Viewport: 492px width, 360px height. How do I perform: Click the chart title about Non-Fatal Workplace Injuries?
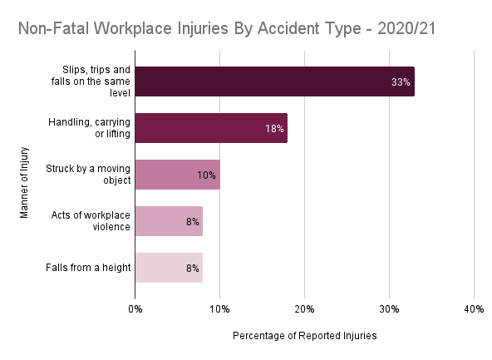coord(227,28)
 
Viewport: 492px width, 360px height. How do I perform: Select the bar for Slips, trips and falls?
coord(275,81)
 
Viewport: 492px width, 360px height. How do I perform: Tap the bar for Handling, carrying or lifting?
coord(211,128)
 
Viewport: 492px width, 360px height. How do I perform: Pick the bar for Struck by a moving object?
coord(178,175)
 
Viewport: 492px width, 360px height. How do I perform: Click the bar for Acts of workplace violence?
coord(169,221)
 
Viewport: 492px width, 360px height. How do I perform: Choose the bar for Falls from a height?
coord(169,268)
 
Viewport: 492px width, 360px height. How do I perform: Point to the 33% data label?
coord(401,82)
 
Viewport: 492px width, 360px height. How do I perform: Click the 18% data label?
coord(274,129)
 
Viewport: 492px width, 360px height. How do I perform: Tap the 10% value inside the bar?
coord(206,175)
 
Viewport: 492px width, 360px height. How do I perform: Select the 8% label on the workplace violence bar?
coord(193,222)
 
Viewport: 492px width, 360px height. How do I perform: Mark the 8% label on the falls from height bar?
coord(193,269)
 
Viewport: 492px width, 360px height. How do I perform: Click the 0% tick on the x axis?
coord(135,309)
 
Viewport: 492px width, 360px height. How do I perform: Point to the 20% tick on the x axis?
coord(305,309)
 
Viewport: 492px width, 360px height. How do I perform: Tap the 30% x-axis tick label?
coord(390,309)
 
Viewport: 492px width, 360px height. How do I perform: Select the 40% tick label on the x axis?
coord(474,309)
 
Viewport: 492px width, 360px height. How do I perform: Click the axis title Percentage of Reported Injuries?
coord(305,336)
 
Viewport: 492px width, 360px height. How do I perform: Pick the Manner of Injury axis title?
coord(24,182)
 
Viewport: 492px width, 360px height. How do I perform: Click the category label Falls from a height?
coord(88,268)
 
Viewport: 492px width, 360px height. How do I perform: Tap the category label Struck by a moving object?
coord(88,175)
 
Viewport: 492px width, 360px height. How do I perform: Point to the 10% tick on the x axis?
coord(219,309)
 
